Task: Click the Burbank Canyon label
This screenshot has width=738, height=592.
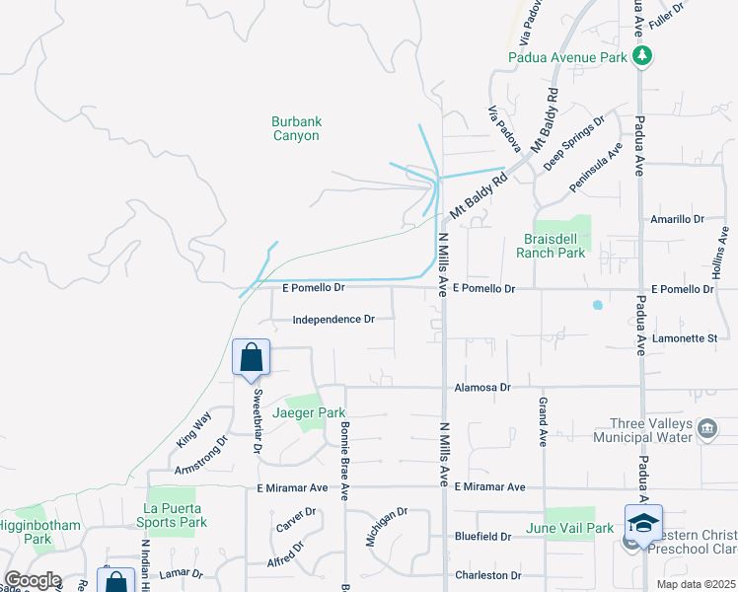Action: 296,128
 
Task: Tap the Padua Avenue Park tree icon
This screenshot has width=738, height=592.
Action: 642,55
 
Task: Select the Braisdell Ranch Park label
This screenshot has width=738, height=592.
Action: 551,245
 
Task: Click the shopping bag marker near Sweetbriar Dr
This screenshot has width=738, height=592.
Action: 251,358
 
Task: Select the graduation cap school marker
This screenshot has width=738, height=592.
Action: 643,522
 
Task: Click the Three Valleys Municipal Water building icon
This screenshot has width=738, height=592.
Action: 706,429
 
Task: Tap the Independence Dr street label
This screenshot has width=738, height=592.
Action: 333,320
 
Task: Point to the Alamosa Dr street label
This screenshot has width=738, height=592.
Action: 482,388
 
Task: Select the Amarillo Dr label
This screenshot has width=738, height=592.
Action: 677,219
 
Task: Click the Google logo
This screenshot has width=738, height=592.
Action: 32,580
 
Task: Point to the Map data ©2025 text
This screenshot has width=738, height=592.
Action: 696,584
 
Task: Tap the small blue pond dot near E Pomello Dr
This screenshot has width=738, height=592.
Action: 597,305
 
